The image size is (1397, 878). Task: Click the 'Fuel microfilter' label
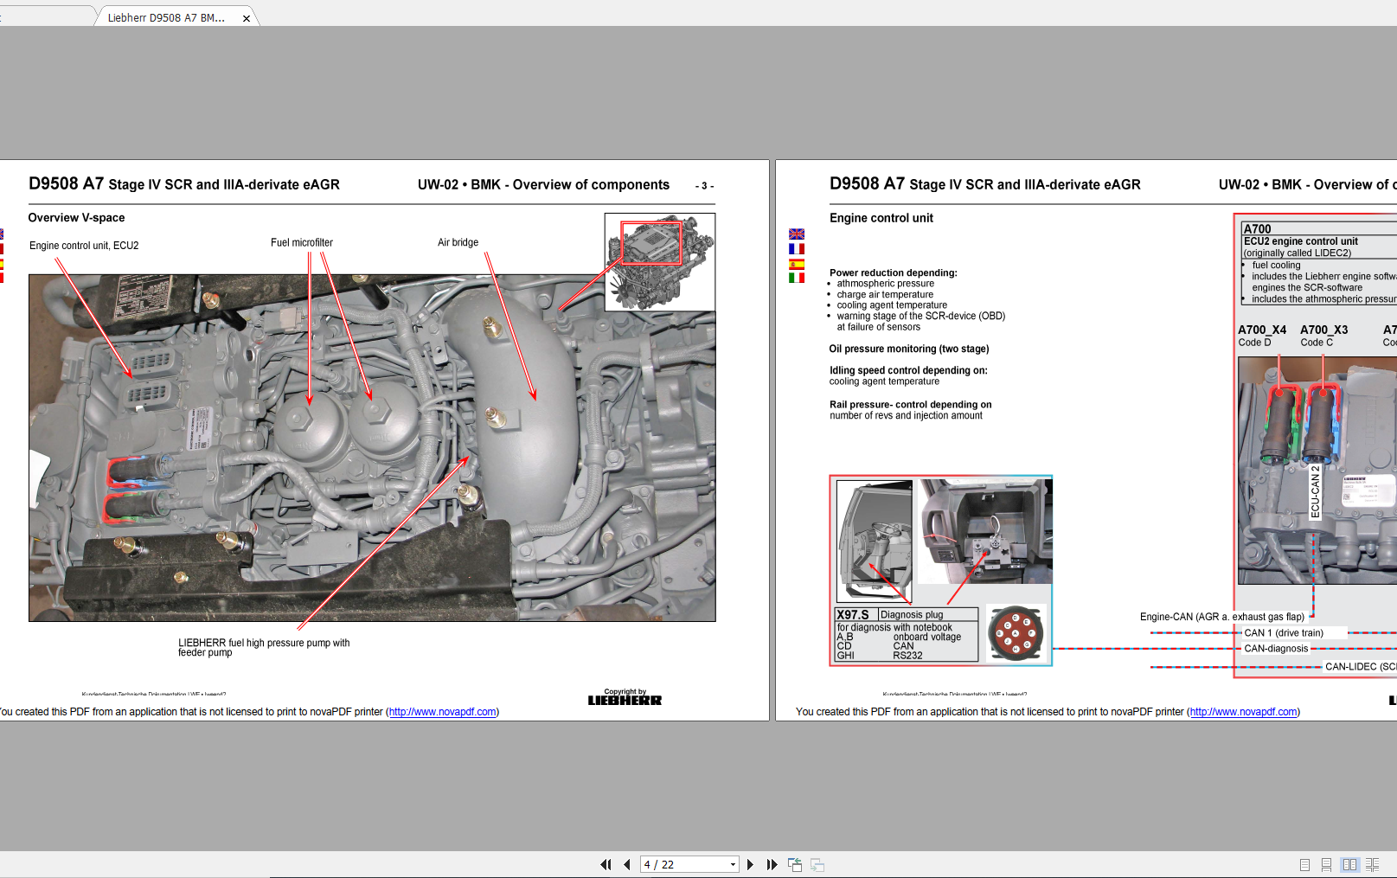pyautogui.click(x=301, y=243)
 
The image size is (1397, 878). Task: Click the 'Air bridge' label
pyautogui.click(x=458, y=242)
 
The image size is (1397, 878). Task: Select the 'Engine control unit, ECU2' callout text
pyautogui.click(x=84, y=246)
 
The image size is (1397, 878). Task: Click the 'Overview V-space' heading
pyautogui.click(x=76, y=218)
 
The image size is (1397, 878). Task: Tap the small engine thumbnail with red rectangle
pyautogui.click(x=659, y=262)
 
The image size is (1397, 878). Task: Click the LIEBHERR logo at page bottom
pyautogui.click(x=625, y=700)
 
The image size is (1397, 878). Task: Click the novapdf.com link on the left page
pyautogui.click(x=442, y=712)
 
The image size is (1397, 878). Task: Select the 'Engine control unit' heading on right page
pyautogui.click(x=881, y=218)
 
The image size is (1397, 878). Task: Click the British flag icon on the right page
pyautogui.click(x=797, y=234)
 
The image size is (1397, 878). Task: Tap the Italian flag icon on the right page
pyautogui.click(x=797, y=278)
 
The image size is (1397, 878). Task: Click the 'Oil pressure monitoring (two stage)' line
pyautogui.click(x=908, y=349)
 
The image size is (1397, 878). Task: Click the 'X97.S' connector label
pyautogui.click(x=853, y=615)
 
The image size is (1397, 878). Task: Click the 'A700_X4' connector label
pyautogui.click(x=1261, y=330)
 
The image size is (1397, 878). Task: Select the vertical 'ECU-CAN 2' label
pyautogui.click(x=1315, y=491)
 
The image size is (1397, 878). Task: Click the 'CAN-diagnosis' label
pyautogui.click(x=1276, y=649)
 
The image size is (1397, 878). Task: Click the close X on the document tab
pyautogui.click(x=247, y=18)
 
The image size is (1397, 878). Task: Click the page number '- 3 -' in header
pyautogui.click(x=704, y=186)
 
